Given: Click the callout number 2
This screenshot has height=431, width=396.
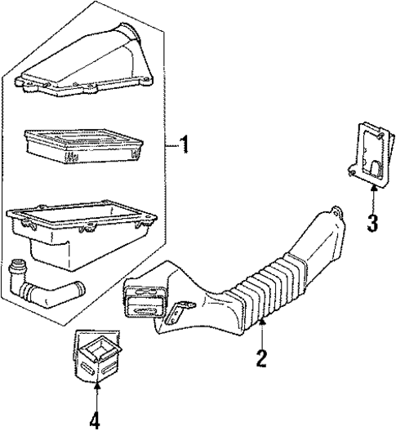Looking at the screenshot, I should tap(261, 358).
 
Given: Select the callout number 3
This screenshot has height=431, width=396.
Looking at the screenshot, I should tap(372, 222).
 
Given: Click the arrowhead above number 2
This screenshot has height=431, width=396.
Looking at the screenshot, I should tap(261, 325).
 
